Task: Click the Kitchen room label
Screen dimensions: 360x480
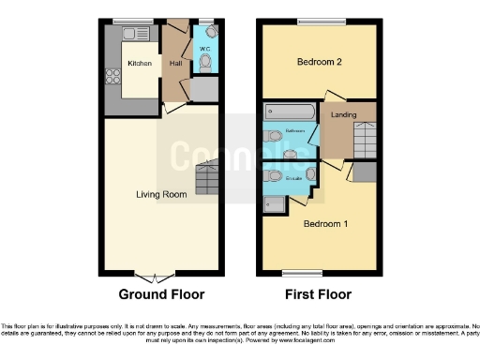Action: (x=140, y=64)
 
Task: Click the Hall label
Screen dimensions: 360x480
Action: (x=175, y=64)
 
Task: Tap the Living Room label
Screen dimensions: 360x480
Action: (x=161, y=194)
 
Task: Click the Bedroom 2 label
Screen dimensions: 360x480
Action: (x=318, y=62)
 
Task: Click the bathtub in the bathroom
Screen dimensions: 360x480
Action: (x=291, y=111)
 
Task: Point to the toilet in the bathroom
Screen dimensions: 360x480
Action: (x=273, y=136)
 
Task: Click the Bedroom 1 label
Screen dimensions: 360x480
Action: (x=325, y=224)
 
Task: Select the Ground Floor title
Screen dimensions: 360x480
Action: (x=161, y=294)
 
